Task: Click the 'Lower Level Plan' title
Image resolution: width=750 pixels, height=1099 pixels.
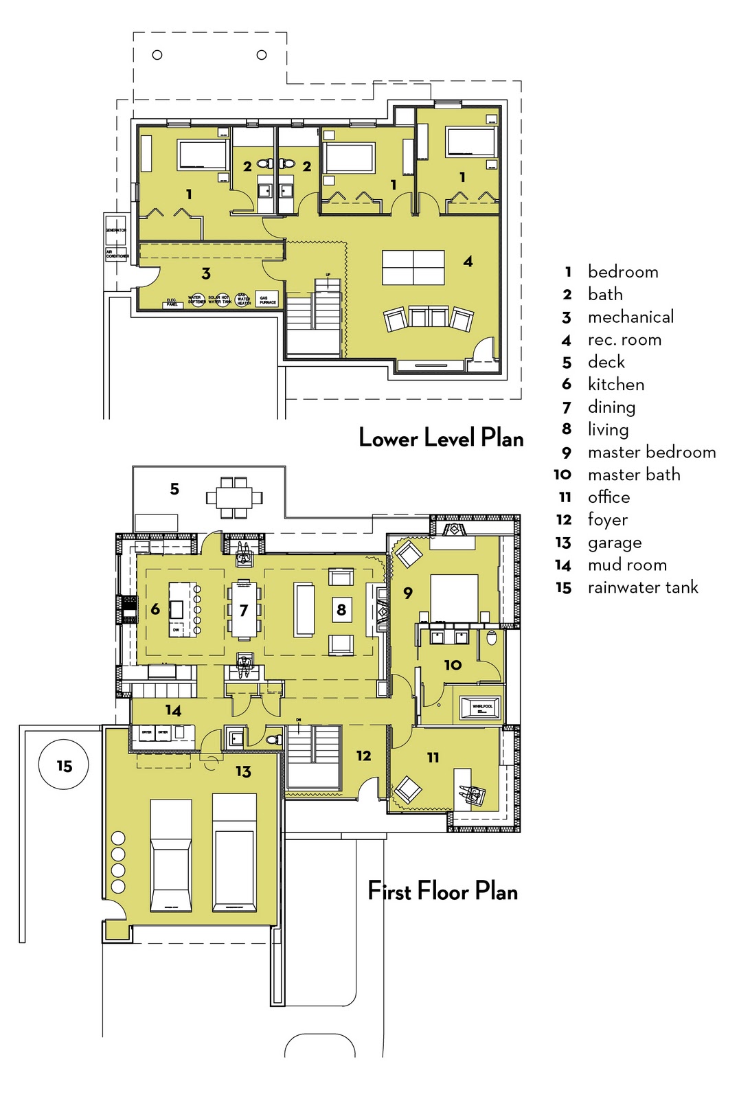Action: pyautogui.click(x=441, y=438)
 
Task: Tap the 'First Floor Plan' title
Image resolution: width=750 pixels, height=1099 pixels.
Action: pyautogui.click(x=442, y=892)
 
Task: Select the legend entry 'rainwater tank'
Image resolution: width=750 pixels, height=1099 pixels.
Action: pyautogui.click(x=642, y=588)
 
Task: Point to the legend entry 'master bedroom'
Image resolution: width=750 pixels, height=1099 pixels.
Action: pyautogui.click(x=651, y=453)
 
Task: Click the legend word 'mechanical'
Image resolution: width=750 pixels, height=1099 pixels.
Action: pyautogui.click(x=630, y=317)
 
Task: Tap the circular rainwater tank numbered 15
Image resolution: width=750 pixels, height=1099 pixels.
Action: pyautogui.click(x=64, y=764)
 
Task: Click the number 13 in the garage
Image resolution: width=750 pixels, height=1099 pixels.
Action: pyautogui.click(x=243, y=772)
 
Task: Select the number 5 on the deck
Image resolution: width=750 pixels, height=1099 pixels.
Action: pyautogui.click(x=174, y=489)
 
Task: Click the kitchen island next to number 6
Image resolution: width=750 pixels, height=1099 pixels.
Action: pyautogui.click(x=178, y=609)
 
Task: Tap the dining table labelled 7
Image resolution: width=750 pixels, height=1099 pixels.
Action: pyautogui.click(x=244, y=609)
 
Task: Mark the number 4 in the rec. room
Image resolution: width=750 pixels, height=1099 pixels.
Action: pyautogui.click(x=468, y=262)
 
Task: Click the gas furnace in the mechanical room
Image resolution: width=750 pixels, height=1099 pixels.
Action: pyautogui.click(x=267, y=299)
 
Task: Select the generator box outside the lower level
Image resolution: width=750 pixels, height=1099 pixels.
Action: pyautogui.click(x=116, y=230)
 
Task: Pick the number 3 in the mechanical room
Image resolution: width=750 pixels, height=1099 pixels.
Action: pyautogui.click(x=206, y=274)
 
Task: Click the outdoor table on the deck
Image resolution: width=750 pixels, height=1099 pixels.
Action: pyautogui.click(x=234, y=497)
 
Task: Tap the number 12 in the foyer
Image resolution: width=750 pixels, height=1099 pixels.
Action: pyautogui.click(x=363, y=756)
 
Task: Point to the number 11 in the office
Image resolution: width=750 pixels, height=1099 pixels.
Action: pyautogui.click(x=433, y=758)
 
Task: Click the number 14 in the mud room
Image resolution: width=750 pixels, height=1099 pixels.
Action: pyautogui.click(x=173, y=711)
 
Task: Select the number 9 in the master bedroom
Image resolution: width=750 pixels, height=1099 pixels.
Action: pyautogui.click(x=408, y=593)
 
